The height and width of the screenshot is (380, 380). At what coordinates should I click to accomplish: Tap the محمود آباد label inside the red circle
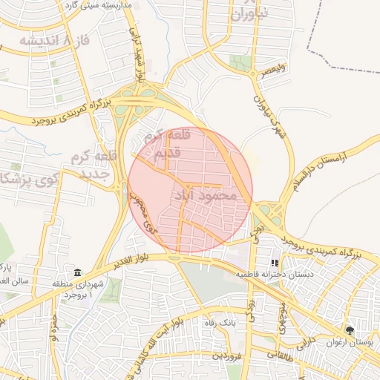(x=208, y=195)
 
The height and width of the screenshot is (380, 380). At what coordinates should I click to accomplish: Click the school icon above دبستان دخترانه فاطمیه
(x=275, y=262)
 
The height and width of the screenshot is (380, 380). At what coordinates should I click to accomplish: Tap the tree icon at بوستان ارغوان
(x=350, y=330)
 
